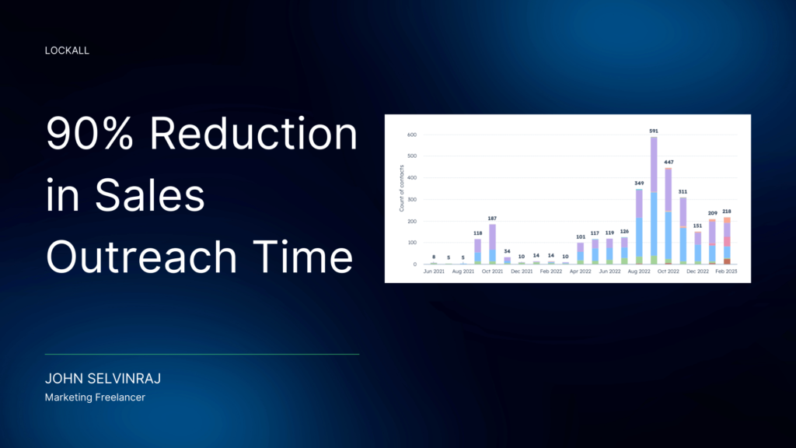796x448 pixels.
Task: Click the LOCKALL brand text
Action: [67, 51]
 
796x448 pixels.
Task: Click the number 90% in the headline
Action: [90, 133]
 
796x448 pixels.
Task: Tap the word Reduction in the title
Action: [253, 133]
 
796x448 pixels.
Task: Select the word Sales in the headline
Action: [150, 195]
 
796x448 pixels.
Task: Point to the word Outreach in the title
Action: [141, 257]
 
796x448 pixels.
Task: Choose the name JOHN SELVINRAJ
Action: [103, 379]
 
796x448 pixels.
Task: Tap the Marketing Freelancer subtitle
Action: [95, 397]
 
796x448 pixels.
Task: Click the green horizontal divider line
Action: [202, 354]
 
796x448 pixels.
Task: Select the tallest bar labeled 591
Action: [654, 201]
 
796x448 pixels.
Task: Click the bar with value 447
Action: [669, 216]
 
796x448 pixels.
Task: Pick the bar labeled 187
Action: [492, 244]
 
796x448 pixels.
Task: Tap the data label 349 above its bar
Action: [639, 184]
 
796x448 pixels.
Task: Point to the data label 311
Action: [683, 192]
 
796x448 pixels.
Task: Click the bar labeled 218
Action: [727, 241]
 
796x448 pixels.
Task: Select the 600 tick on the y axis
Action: [412, 135]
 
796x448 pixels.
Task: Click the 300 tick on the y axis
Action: [412, 200]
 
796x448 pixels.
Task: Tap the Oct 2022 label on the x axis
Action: [668, 271]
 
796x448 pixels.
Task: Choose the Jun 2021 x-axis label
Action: [434, 271]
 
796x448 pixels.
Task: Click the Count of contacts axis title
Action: [401, 188]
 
